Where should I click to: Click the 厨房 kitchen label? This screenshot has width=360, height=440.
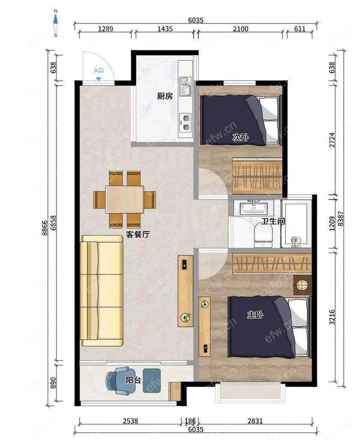click(x=165, y=96)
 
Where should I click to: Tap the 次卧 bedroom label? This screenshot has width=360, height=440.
click(x=241, y=138)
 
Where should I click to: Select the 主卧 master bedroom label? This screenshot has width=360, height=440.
click(x=255, y=314)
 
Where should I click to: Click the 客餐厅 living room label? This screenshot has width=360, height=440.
click(x=138, y=235)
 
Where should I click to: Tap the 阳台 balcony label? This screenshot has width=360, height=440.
click(x=133, y=380)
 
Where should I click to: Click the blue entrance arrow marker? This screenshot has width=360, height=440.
click(x=98, y=79)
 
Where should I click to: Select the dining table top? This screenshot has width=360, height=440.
click(x=125, y=199)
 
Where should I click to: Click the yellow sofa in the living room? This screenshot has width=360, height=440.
click(x=102, y=291)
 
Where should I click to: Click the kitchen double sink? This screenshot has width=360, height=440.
click(x=185, y=87)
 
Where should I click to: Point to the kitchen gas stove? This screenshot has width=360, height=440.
click(x=185, y=122)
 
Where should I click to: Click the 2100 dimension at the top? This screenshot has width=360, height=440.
click(x=241, y=29)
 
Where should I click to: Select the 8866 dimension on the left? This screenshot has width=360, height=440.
click(x=44, y=228)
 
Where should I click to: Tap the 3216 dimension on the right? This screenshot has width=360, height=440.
click(x=332, y=317)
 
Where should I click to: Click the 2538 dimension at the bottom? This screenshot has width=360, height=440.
click(x=130, y=421)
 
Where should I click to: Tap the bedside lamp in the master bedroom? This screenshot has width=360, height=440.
click(x=302, y=285)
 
